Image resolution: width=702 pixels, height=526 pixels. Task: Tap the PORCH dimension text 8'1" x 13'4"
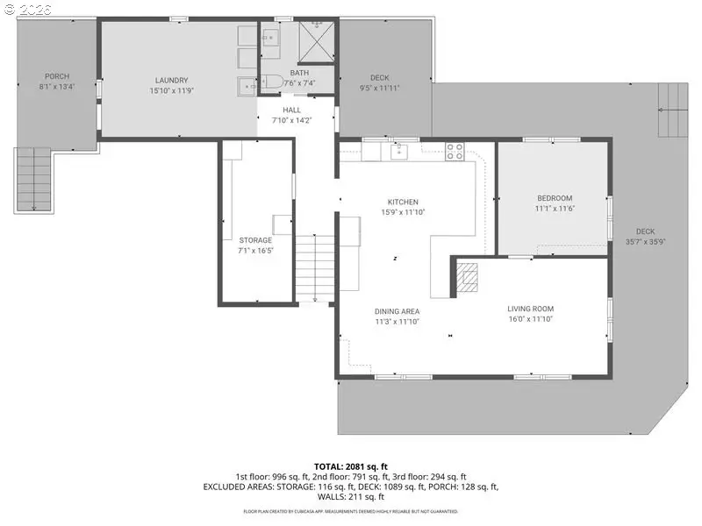[x=57, y=88]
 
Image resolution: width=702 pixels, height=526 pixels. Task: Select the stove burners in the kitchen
[x=455, y=151]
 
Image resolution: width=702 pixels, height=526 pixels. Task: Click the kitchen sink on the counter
[x=399, y=152]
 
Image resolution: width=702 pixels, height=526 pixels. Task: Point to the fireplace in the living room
[x=468, y=277]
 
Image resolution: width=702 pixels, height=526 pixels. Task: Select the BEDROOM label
[x=554, y=198]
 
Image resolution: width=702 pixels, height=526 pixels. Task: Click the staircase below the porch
[x=33, y=179]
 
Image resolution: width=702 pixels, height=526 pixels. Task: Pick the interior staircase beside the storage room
[x=316, y=267]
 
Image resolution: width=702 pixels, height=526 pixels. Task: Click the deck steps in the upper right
[x=674, y=110]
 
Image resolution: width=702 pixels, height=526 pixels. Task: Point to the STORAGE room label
[x=255, y=240]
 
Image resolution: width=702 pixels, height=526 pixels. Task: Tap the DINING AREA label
[x=397, y=311]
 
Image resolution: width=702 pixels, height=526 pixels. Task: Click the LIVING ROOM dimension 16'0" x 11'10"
[x=530, y=319]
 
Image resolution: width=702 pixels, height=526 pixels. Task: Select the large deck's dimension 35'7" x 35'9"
[x=646, y=242]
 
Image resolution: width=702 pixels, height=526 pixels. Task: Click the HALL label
[x=291, y=110]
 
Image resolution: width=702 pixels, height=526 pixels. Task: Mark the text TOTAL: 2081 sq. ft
[x=351, y=466]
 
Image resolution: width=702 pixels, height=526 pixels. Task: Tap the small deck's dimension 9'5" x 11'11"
[x=379, y=88]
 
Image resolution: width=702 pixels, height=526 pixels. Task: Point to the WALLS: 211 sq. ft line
[x=351, y=496]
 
